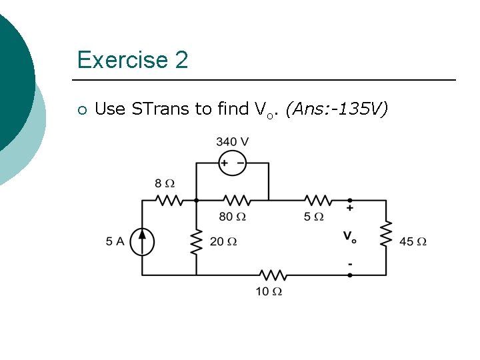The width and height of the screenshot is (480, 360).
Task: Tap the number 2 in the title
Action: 181,61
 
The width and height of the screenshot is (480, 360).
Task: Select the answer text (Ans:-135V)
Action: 335,109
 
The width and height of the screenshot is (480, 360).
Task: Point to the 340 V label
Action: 233,141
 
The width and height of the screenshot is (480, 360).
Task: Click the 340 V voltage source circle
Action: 233,163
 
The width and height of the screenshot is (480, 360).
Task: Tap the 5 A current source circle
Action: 143,241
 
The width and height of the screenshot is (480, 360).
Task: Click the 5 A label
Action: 115,241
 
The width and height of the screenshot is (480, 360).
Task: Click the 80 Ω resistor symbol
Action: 236,200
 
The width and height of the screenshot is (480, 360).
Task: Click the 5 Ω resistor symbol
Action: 317,200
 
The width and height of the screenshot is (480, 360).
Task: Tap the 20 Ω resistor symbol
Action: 196,242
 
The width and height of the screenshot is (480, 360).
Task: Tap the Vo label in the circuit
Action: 349,236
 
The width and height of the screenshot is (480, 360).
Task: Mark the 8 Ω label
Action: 165,183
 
